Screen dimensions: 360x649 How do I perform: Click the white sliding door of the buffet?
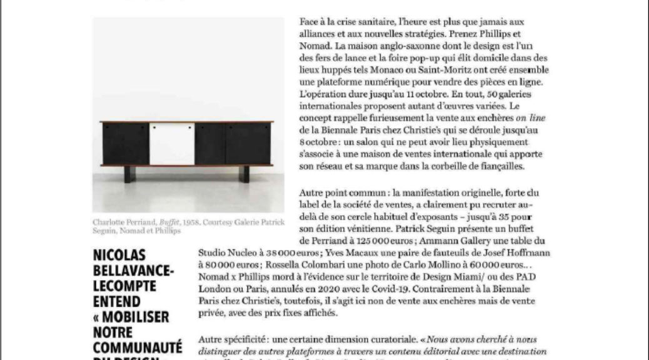pos(171,144)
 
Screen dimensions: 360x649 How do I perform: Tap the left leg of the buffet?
pos(127,173)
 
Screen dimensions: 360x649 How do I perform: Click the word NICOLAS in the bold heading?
pos(119,256)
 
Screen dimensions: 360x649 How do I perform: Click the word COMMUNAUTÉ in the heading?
pos(137,347)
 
